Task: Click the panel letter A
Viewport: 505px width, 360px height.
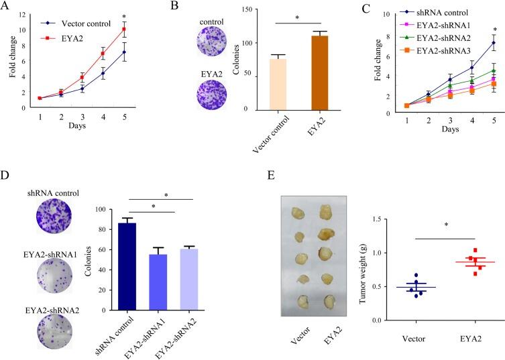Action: pos(8,9)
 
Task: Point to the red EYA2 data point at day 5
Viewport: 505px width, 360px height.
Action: pos(142,29)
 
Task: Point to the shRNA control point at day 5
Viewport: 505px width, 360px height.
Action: pos(493,43)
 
